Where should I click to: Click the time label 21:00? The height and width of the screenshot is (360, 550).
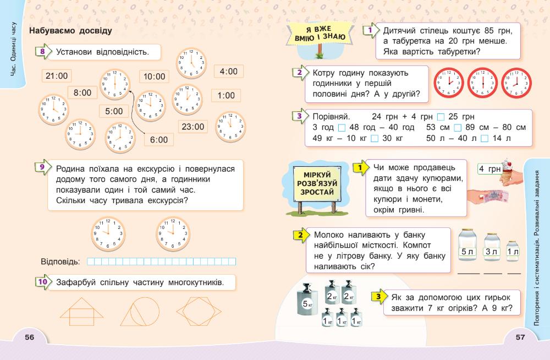click(57, 76)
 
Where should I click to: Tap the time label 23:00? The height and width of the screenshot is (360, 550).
click(193, 127)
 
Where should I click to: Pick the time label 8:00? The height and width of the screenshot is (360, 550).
click(82, 93)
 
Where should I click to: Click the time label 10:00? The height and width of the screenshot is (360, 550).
click(154, 77)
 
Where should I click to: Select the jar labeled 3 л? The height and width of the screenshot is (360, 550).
click(491, 247)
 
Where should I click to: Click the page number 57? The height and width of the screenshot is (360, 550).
click(520, 337)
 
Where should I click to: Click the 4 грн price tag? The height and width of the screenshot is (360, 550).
click(489, 170)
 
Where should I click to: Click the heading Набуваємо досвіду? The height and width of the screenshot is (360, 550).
click(71, 31)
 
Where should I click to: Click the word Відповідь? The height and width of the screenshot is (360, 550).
click(61, 261)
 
